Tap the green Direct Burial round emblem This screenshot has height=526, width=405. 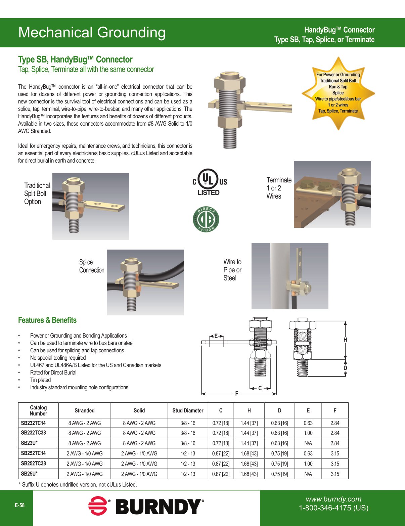206,219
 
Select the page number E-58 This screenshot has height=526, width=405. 19,505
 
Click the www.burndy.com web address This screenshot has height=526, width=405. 333,499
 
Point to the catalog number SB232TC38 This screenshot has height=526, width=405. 34,433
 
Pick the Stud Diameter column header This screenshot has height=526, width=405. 188,410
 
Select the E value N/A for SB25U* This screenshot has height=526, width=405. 308,474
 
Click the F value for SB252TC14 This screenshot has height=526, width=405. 335,453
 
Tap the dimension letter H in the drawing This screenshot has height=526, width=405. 345,340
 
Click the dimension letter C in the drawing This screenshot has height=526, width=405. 260,388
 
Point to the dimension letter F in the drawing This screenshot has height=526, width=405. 237,393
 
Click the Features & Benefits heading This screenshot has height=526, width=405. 47,320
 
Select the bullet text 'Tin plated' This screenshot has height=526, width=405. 40,380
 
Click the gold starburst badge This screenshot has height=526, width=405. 338,93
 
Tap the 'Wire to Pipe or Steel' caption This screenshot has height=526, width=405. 232,270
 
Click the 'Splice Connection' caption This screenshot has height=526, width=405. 92,266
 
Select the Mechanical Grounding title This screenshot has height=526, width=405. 92,33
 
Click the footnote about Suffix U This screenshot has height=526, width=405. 78,484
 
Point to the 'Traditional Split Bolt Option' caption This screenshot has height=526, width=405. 37,193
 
